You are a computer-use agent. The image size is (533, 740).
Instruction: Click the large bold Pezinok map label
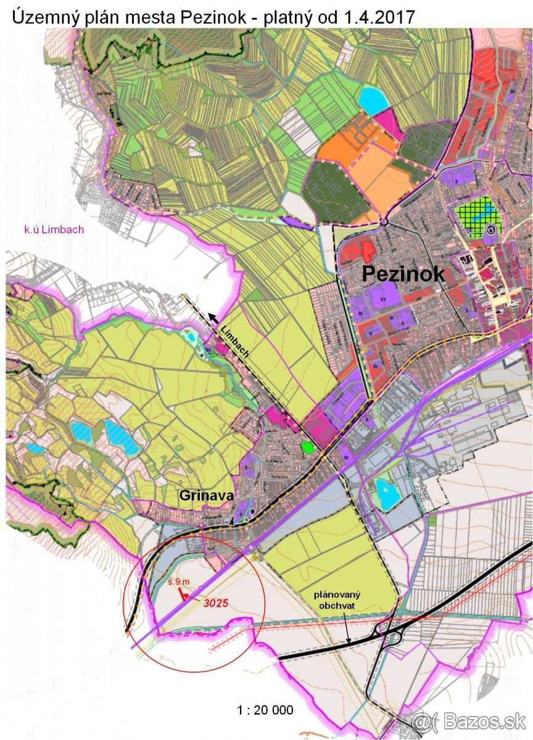point(403,274)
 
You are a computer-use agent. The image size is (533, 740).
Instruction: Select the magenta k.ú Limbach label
point(54,230)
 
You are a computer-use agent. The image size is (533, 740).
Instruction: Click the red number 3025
point(216,602)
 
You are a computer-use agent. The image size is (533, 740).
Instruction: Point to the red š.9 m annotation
point(182,582)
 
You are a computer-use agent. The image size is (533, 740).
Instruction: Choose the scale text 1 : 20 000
point(265,710)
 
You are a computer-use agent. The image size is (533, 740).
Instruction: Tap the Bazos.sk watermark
point(476,720)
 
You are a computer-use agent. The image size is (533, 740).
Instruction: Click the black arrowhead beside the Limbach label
point(212,317)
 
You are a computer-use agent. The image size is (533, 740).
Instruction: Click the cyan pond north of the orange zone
point(373,100)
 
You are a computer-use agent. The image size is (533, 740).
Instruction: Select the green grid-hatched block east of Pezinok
point(478,216)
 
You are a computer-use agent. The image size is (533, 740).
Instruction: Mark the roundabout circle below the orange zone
point(383,222)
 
